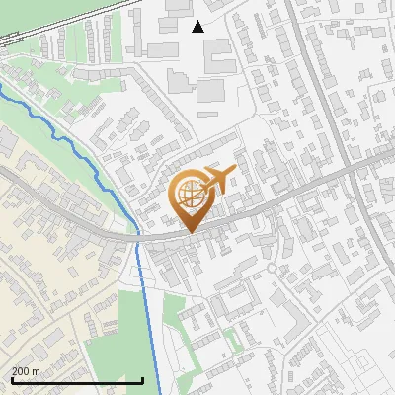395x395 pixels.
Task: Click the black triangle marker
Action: click(197, 27)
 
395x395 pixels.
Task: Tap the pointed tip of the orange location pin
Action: click(189, 232)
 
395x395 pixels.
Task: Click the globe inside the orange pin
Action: click(189, 195)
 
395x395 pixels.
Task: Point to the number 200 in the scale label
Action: click(22, 371)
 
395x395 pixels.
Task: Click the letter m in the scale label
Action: click(37, 371)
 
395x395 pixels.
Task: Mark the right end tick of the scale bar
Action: click(143, 380)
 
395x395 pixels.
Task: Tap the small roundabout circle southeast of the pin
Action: click(271, 268)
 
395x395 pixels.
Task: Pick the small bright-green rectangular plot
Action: click(232, 342)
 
